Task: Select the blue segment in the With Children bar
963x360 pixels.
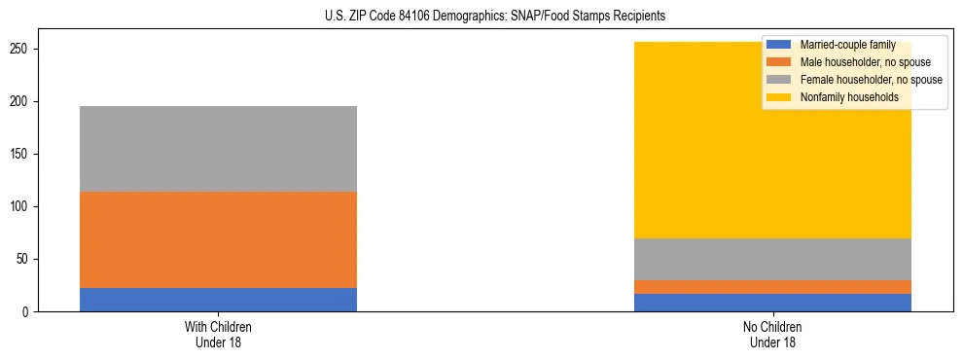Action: point(218,300)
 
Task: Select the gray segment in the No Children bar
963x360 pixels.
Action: point(772,259)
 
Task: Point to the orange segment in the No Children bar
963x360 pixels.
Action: point(772,287)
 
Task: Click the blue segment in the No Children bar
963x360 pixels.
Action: point(772,303)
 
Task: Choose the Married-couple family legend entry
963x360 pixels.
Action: point(847,45)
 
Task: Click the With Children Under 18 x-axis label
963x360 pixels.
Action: point(218,335)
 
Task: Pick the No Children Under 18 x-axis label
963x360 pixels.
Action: point(772,335)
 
